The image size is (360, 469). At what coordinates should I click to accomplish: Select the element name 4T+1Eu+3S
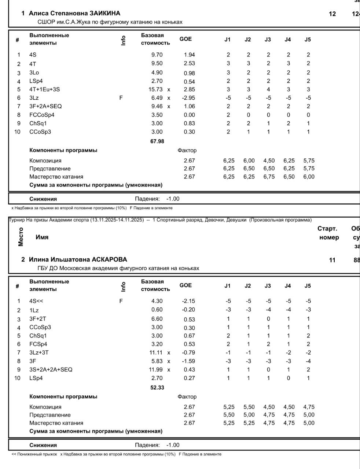click(x=44, y=89)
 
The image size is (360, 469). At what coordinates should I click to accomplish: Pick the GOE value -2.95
click(x=189, y=98)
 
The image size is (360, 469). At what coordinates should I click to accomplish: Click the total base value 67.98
click(x=157, y=141)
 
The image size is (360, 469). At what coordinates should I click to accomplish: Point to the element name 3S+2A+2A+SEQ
click(x=51, y=370)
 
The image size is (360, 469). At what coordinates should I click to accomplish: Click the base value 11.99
click(x=156, y=370)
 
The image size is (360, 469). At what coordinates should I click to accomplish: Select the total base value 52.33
click(x=157, y=388)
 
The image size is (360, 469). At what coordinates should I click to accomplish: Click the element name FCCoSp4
click(x=42, y=115)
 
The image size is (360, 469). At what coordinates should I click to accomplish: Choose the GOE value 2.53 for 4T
click(x=189, y=64)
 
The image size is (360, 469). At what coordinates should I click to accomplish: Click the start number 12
click(x=332, y=14)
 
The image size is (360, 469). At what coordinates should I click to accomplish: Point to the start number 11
click(x=332, y=260)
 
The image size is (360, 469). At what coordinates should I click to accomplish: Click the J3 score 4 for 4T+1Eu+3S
click(x=268, y=89)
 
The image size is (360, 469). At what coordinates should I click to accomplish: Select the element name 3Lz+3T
click(x=39, y=352)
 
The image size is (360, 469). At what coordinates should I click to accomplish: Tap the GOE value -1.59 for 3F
click(x=189, y=361)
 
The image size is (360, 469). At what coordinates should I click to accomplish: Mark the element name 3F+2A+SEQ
click(x=45, y=106)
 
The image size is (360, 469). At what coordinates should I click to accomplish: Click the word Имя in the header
click(x=42, y=237)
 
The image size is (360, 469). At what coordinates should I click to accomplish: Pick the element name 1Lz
click(x=34, y=310)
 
